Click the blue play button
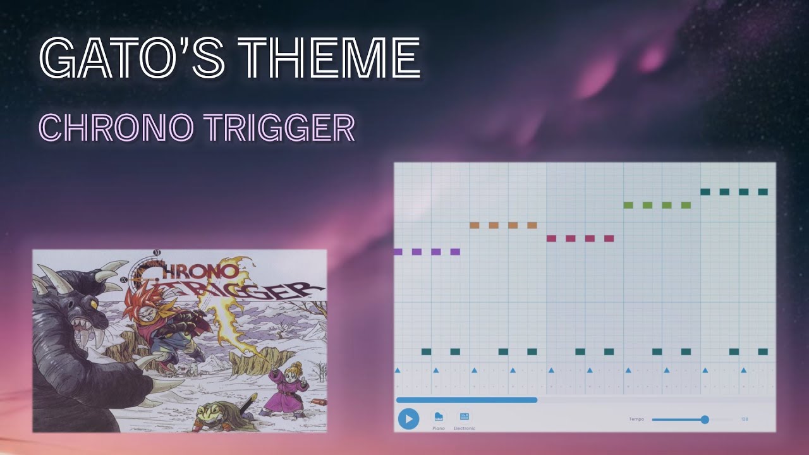[408, 418]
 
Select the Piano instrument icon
[439, 417]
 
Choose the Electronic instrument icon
[465, 417]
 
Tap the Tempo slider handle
[705, 419]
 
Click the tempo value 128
[745, 419]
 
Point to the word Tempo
[636, 419]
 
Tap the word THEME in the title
[329, 58]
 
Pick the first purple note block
[398, 252]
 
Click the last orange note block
[532, 225]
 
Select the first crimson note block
[551, 238]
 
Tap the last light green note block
[686, 205]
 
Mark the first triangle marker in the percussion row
[398, 370]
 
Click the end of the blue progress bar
[537, 399]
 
